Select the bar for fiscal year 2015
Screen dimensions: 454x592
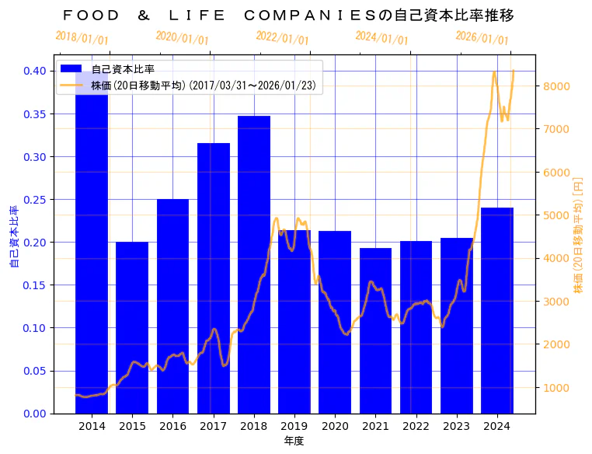(132, 327)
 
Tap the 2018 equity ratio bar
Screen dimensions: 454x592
(254, 264)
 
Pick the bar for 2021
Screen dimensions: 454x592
(375, 330)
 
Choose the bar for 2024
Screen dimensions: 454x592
(497, 310)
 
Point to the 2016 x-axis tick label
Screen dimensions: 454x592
(172, 426)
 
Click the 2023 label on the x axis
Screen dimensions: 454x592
(456, 426)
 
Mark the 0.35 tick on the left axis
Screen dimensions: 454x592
(35, 113)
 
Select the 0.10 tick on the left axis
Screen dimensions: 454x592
(35, 327)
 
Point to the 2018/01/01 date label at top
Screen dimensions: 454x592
(82, 37)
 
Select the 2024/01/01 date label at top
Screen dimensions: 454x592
(381, 37)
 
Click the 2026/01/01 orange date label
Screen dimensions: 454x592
(482, 37)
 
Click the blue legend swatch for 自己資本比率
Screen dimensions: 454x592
(71, 69)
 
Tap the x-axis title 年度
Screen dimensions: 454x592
(294, 441)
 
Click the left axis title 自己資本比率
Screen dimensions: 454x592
(14, 237)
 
